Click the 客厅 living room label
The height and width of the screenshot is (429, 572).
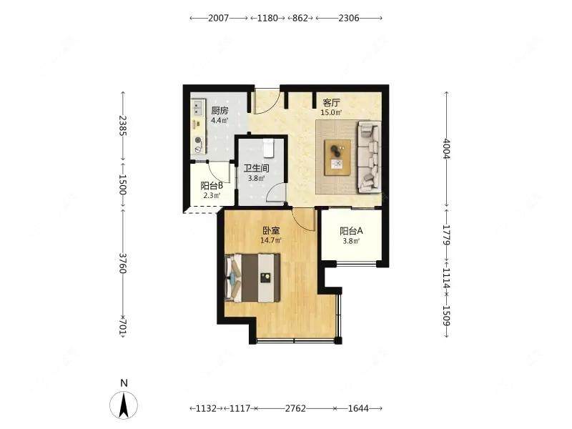click(x=331, y=102)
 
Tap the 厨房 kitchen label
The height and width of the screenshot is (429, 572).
click(x=220, y=111)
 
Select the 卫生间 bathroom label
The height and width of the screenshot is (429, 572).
click(x=257, y=168)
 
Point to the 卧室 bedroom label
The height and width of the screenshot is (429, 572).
click(x=271, y=231)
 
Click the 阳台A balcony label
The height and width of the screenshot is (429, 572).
click(x=351, y=231)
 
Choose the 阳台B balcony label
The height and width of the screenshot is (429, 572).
click(x=212, y=186)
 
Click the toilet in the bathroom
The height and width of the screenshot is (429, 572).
click(x=269, y=148)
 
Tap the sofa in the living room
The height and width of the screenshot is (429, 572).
click(x=369, y=157)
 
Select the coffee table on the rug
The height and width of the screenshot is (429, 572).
click(x=337, y=157)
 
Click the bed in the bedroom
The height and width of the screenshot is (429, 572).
click(x=253, y=278)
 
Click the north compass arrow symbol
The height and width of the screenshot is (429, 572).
click(x=124, y=405)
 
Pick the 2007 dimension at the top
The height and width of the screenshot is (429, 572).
click(x=219, y=18)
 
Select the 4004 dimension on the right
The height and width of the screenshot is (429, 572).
click(x=446, y=149)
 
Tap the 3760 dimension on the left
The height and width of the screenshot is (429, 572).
click(x=122, y=263)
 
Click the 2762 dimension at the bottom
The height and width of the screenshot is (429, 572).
click(x=295, y=408)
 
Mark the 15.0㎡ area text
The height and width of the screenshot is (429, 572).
click(x=331, y=113)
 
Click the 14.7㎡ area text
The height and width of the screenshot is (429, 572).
click(x=271, y=241)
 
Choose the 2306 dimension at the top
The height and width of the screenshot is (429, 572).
click(x=349, y=18)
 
